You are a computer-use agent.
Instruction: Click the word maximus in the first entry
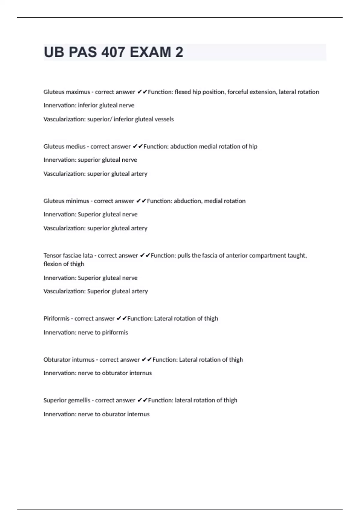click(x=78, y=92)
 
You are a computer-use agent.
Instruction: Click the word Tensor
click(x=52, y=256)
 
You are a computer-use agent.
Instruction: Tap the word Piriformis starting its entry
click(x=56, y=319)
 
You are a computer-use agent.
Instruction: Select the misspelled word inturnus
click(x=82, y=360)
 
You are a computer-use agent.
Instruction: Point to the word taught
click(x=297, y=256)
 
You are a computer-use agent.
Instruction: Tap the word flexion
click(x=52, y=264)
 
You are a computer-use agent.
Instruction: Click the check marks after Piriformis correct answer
click(x=121, y=319)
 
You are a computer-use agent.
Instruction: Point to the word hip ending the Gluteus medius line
click(x=253, y=146)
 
